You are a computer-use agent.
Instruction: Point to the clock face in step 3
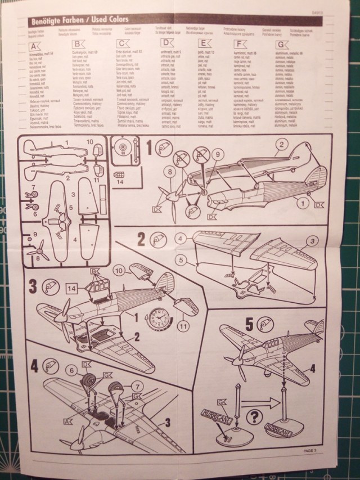(x=161, y=322)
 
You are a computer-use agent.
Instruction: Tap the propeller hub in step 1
(x=169, y=195)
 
